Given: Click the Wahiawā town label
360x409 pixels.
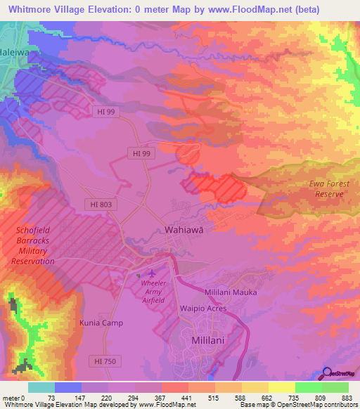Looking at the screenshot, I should point(184,230).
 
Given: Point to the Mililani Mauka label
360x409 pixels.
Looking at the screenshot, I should point(231,292).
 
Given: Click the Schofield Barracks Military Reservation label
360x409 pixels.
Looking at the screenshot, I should point(33,245).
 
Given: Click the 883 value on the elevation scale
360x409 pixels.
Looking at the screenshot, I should point(347,396).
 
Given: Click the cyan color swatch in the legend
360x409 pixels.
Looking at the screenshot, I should point(41,387).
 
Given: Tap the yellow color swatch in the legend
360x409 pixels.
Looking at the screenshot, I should point(281,387).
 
